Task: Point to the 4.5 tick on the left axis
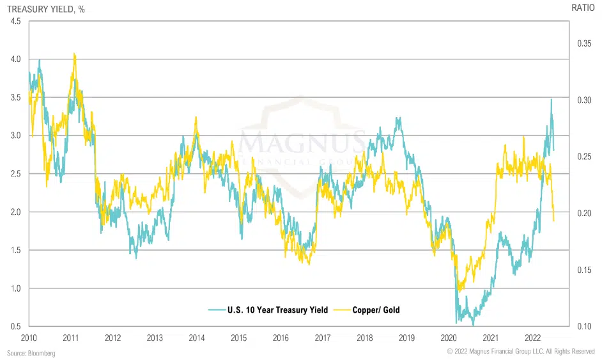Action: [x=15, y=21]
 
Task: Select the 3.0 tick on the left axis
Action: [x=15, y=136]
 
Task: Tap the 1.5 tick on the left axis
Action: [x=15, y=250]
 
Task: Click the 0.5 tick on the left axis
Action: [x=15, y=327]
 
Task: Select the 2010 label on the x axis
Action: [x=29, y=337]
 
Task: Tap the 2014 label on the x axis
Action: [x=196, y=337]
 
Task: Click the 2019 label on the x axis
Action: [x=406, y=337]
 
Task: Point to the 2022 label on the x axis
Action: [x=532, y=337]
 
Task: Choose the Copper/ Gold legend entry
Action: [x=376, y=310]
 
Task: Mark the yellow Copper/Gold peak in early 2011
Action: [x=75, y=54]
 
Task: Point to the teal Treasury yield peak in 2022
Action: [x=551, y=99]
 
